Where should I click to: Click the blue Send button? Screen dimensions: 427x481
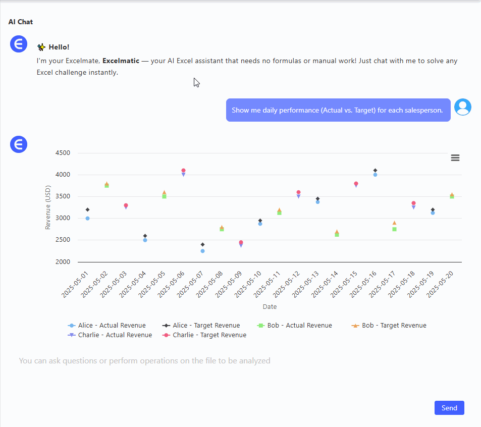click(449, 408)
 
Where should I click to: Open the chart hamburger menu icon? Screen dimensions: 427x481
click(455, 158)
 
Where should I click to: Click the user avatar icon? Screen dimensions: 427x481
click(462, 107)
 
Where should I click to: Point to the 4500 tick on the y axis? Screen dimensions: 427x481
click(63, 153)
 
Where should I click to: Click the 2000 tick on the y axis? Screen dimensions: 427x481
click(63, 262)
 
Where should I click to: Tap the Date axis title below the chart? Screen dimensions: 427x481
click(270, 306)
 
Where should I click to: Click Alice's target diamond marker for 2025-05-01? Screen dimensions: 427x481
click(87, 209)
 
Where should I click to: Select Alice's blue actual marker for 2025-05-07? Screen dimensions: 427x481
click(202, 251)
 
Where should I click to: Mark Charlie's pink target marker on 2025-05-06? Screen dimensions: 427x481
click(183, 171)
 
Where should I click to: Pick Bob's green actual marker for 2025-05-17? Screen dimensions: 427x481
click(394, 229)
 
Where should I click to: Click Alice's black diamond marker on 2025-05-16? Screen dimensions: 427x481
click(375, 171)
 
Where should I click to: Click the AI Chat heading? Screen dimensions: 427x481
click(21, 22)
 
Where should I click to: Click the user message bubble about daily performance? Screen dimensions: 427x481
click(338, 110)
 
